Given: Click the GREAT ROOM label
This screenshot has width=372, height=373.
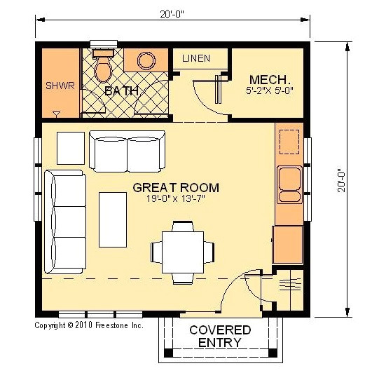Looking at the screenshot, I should pos(176,188).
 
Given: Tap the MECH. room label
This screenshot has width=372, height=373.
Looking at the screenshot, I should pos(266,79).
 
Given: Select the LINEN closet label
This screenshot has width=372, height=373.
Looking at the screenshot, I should pos(196,58).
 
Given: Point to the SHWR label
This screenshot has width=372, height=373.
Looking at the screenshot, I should pos(60,86).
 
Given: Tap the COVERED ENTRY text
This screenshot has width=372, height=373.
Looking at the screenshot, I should pos(219,336).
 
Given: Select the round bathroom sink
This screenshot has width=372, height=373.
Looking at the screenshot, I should pos(146,61).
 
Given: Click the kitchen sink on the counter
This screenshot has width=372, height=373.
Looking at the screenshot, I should pos(289,181).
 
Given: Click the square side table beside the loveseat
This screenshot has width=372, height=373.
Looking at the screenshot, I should pos(70,147).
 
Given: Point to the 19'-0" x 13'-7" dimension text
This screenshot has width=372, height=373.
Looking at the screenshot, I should pos(176,200).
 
